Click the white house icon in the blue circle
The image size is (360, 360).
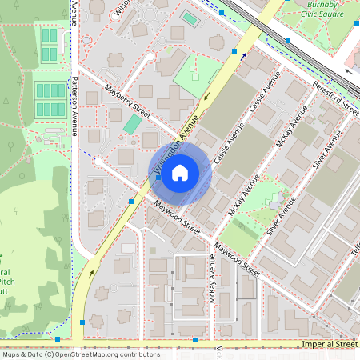(180, 172)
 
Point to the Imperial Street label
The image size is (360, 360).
(330, 343)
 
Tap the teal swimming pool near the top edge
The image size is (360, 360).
(189, 18)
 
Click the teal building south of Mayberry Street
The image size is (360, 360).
(131, 124)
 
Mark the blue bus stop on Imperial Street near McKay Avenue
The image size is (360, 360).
(195, 340)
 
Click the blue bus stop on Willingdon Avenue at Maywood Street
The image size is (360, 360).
(130, 202)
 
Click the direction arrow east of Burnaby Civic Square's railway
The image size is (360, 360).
(348, 70)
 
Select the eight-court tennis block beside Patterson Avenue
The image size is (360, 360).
(50, 100)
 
